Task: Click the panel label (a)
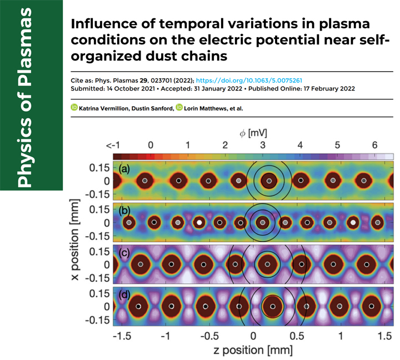124,168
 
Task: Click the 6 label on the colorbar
375,144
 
